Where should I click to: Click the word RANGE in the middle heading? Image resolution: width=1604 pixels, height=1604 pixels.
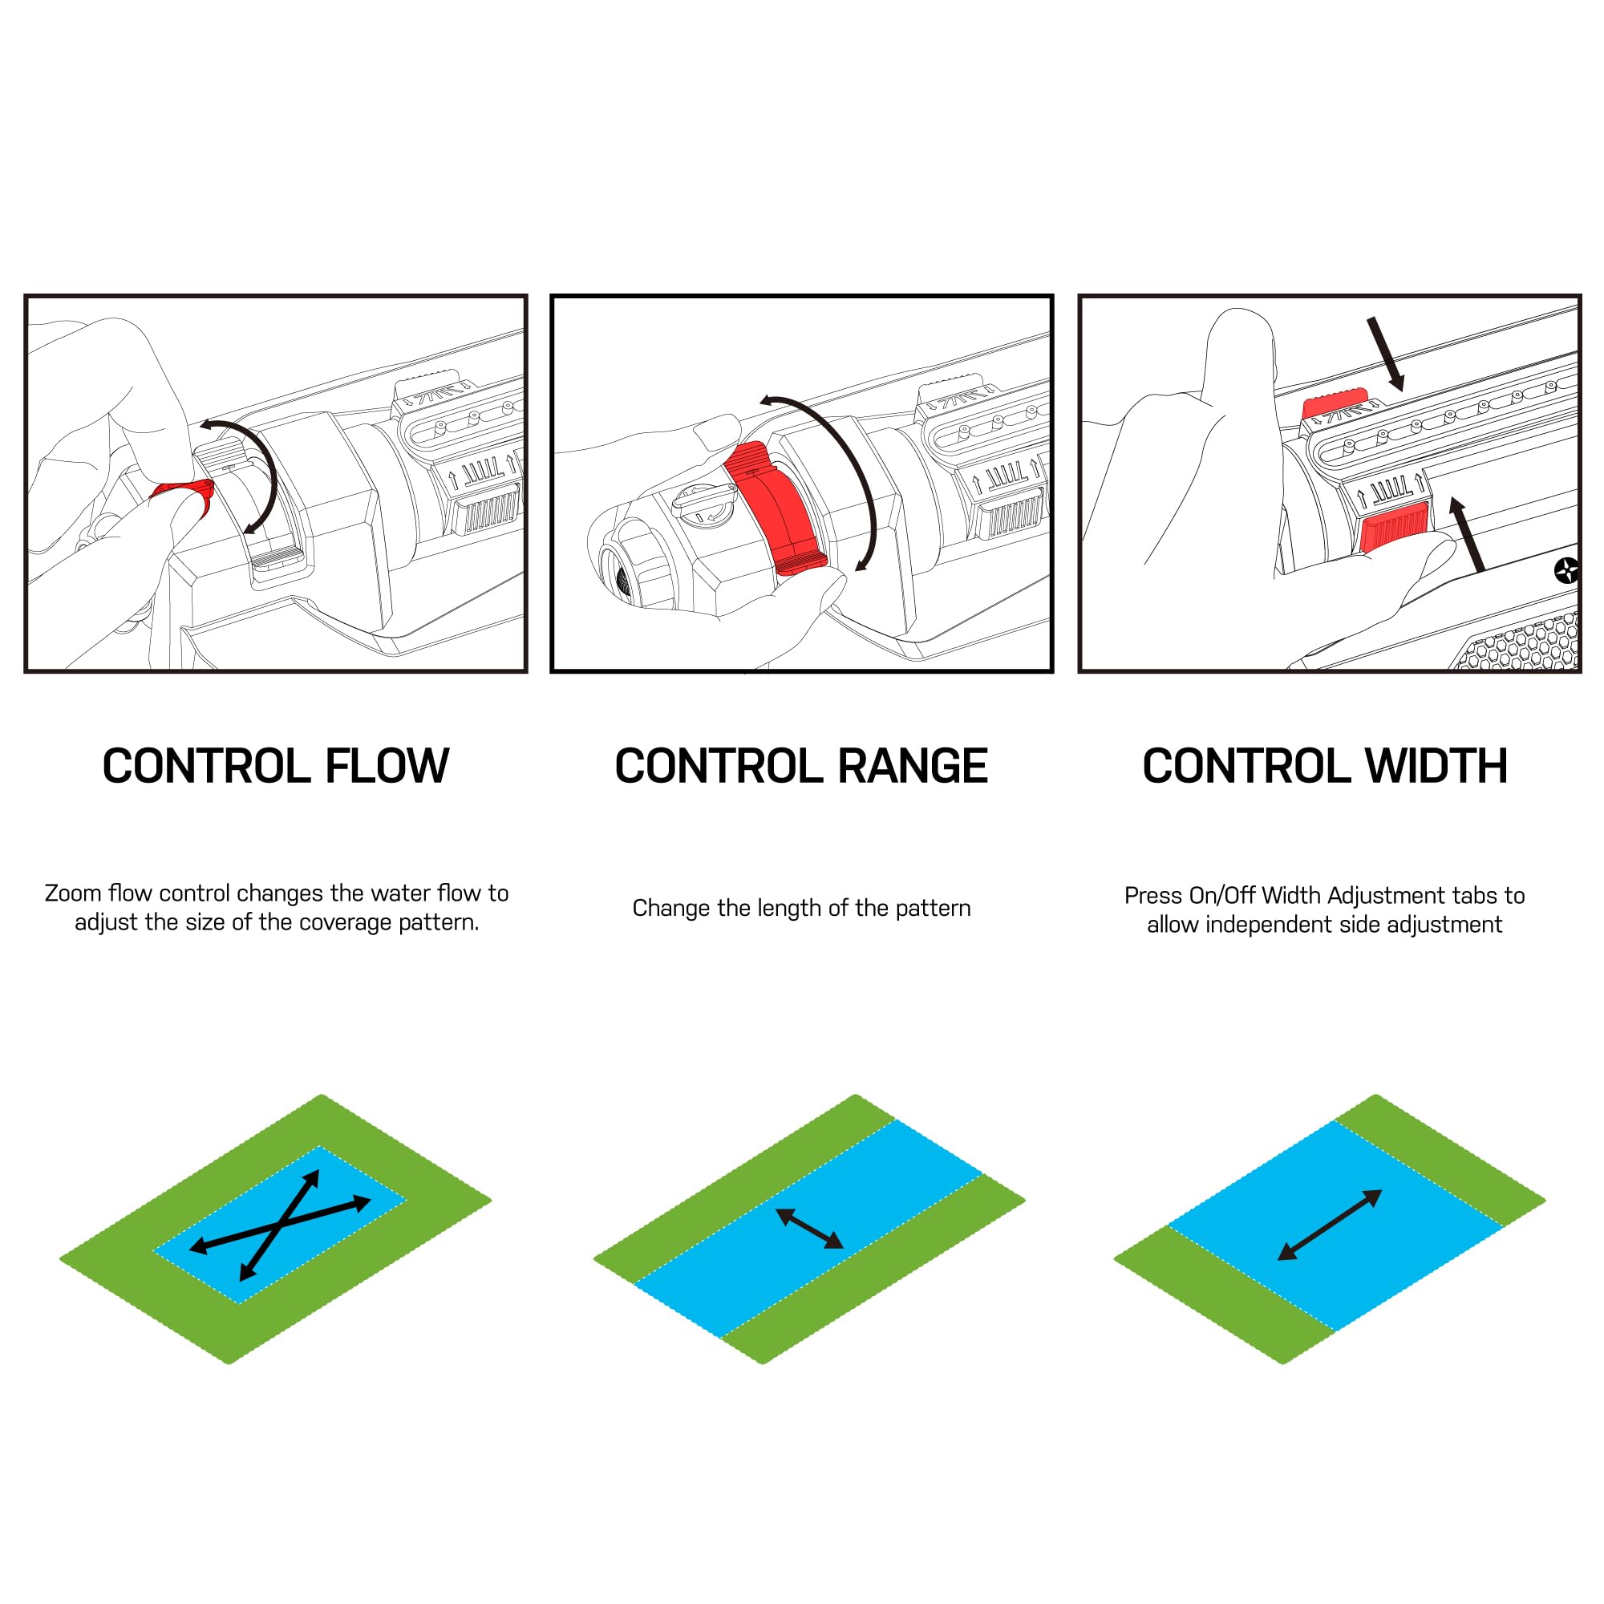pyautogui.click(x=913, y=766)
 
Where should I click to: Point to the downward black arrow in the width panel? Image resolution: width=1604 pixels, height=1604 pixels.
pyautogui.click(x=1385, y=354)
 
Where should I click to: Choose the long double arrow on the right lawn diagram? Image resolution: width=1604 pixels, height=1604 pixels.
pyautogui.click(x=1329, y=1225)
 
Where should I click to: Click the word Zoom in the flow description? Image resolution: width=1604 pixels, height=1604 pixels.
pyautogui.click(x=72, y=893)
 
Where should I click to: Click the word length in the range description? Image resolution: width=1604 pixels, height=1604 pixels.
pyautogui.click(x=798, y=909)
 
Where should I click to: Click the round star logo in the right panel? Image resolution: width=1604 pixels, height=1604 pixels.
pyautogui.click(x=1566, y=570)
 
